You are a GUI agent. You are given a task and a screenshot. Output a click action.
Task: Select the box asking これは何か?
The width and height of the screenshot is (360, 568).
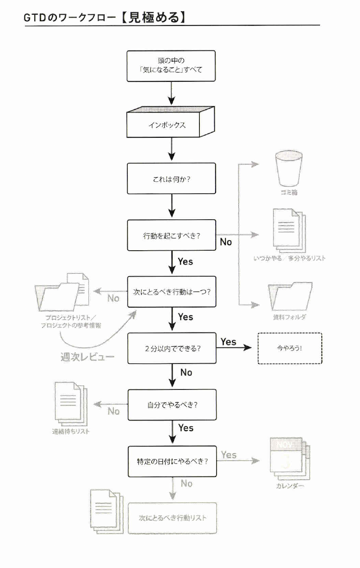tap(172, 179)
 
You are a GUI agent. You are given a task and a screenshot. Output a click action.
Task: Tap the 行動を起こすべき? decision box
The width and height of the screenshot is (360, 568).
tap(172, 235)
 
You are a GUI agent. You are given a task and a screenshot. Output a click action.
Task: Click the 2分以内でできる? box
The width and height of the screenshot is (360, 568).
tap(172, 348)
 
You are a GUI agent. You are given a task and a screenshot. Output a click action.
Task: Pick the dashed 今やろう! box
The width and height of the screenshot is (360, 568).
tap(289, 348)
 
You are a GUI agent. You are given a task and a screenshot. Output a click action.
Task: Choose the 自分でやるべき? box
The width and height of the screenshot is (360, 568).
tap(172, 404)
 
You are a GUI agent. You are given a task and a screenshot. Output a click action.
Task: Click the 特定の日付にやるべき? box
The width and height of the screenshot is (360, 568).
tap(172, 461)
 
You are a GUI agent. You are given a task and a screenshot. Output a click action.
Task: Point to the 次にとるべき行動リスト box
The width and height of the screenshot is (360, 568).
tap(172, 518)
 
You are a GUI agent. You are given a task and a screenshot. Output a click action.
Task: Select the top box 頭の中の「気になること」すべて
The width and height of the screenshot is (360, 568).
tap(172, 66)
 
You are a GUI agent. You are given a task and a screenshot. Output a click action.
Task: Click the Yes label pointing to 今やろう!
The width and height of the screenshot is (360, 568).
tap(228, 342)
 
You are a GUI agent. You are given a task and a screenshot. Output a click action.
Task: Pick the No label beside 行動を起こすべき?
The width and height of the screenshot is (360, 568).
tap(226, 241)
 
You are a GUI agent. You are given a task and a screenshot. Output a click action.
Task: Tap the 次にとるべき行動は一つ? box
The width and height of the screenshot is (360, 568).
tap(172, 292)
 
